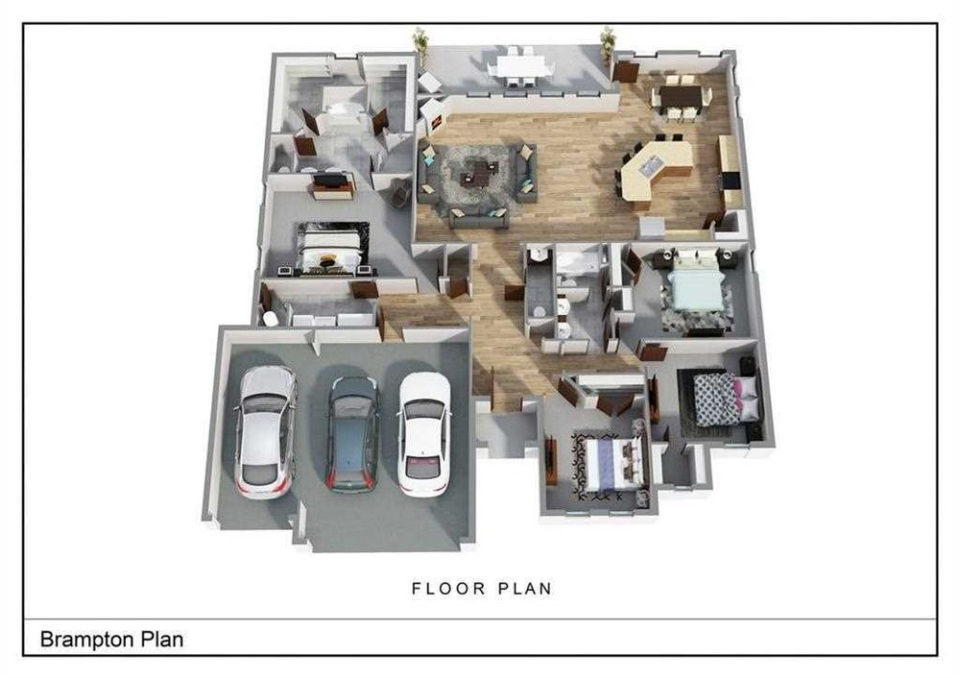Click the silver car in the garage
[265, 432]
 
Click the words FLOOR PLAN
[482, 589]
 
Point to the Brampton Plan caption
[112, 640]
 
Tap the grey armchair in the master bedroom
[400, 192]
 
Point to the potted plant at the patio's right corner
[608, 43]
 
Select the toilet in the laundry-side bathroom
[270, 319]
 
